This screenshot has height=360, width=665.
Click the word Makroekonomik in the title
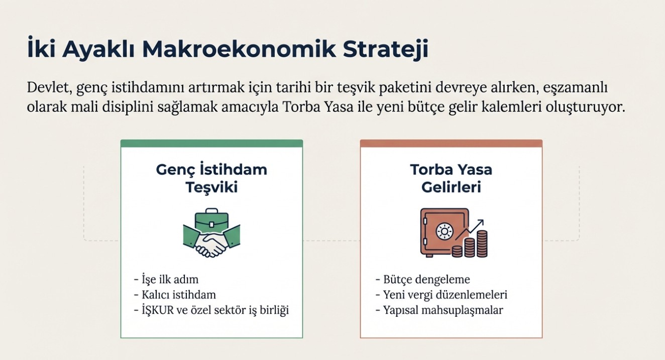point(239,49)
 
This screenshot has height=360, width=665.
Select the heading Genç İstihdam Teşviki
point(211,178)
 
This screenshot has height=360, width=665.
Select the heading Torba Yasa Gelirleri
point(451,178)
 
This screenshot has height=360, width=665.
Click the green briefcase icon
point(211,219)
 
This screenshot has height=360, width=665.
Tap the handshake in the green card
point(211,242)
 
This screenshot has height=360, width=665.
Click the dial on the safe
point(445,231)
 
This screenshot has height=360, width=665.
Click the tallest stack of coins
point(482,244)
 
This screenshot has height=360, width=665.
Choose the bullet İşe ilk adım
point(166,280)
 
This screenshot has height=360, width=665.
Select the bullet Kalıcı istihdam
point(175,295)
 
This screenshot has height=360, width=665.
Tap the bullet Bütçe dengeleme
point(423,280)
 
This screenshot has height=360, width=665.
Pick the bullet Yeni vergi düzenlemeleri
point(441,295)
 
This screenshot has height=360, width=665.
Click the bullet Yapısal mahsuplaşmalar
point(439,310)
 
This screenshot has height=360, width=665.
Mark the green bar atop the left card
point(211,144)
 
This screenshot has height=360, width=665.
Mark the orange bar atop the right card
point(451,144)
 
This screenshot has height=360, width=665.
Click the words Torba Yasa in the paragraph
point(318,107)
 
